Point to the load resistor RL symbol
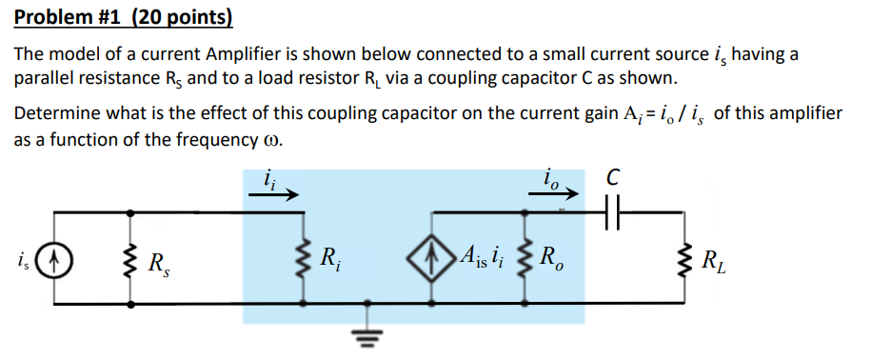684,258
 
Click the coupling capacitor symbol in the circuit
614,209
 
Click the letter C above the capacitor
614,177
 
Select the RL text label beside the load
714,259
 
